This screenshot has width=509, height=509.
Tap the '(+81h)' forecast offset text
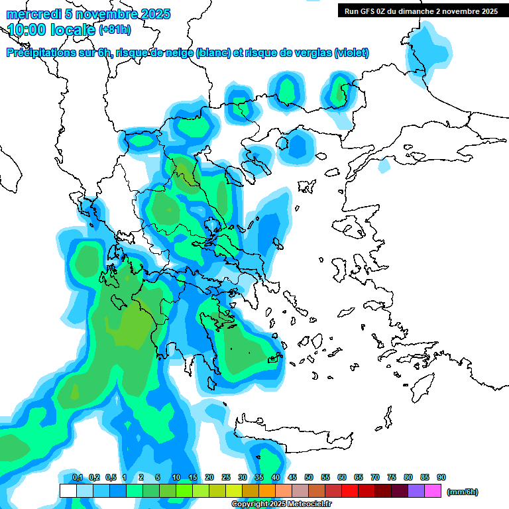[x=115, y=30]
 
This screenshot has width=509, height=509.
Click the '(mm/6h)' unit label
[x=462, y=492]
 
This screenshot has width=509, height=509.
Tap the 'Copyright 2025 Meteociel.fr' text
[x=281, y=504]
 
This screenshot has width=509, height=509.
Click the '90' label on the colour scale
[x=441, y=477]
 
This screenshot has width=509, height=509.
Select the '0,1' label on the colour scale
[x=78, y=477]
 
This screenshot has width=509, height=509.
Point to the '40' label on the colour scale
[x=275, y=477]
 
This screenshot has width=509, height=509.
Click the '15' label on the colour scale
[x=193, y=477]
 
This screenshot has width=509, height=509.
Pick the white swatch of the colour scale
[x=68, y=491]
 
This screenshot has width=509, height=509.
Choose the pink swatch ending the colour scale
[x=433, y=491]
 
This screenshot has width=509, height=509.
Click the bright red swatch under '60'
[x=350, y=491]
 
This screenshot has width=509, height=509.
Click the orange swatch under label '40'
[x=267, y=491]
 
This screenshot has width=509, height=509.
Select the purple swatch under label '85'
[x=417, y=491]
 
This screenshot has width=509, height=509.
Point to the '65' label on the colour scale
[x=359, y=477]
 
